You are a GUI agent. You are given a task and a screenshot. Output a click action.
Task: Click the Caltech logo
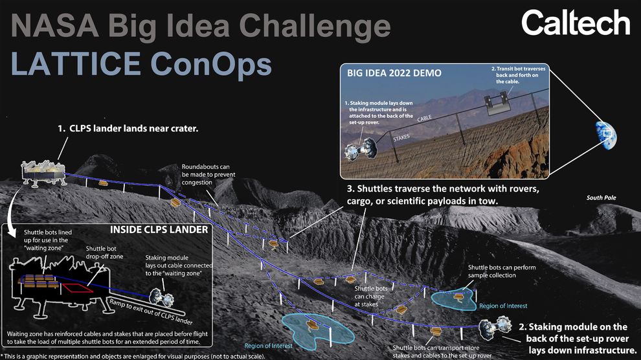[576, 23]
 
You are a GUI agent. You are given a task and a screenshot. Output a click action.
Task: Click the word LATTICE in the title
[76, 63]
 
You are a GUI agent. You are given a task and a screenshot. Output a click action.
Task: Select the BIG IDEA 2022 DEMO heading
[394, 73]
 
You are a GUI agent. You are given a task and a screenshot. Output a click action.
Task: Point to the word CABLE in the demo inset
[424, 118]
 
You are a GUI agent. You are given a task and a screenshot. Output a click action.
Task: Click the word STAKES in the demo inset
[401, 138]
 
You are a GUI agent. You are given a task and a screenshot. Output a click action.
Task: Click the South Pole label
[601, 197]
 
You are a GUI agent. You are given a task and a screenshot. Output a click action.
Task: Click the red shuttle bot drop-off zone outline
[78, 288]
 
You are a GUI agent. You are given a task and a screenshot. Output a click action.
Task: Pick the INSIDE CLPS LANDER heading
[159, 230]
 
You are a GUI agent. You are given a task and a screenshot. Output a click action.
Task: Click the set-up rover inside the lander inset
[161, 297]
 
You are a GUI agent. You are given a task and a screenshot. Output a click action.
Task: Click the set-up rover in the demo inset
[361, 149]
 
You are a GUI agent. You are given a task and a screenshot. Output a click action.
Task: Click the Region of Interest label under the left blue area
[268, 346]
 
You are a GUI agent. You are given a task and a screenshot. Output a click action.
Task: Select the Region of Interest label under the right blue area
[503, 306]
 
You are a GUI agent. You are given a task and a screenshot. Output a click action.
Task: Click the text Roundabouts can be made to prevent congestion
[208, 174]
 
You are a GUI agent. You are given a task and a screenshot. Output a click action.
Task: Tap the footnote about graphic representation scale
[133, 356]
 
